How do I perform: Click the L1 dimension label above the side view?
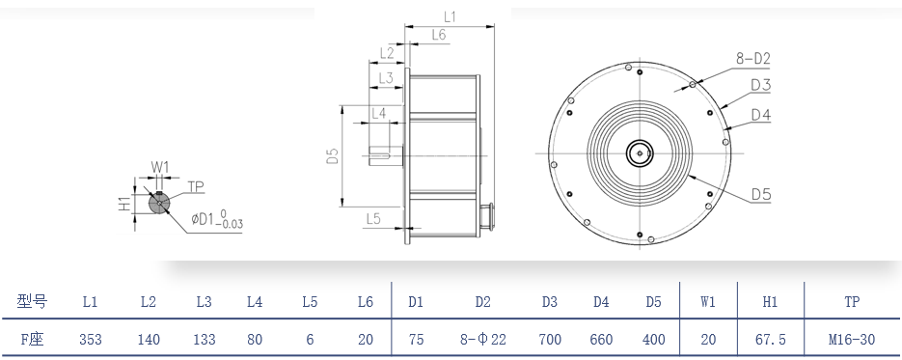point(450,16)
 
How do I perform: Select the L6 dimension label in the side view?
point(438,35)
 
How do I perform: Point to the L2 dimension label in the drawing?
point(387,53)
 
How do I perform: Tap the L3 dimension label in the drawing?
point(386,77)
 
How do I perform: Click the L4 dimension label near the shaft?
point(378,113)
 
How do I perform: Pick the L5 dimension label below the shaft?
point(373,218)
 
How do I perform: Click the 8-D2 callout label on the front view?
point(752,59)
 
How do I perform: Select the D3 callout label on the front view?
point(760,86)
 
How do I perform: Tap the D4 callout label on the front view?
point(760,115)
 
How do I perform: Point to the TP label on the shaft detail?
point(196,186)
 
